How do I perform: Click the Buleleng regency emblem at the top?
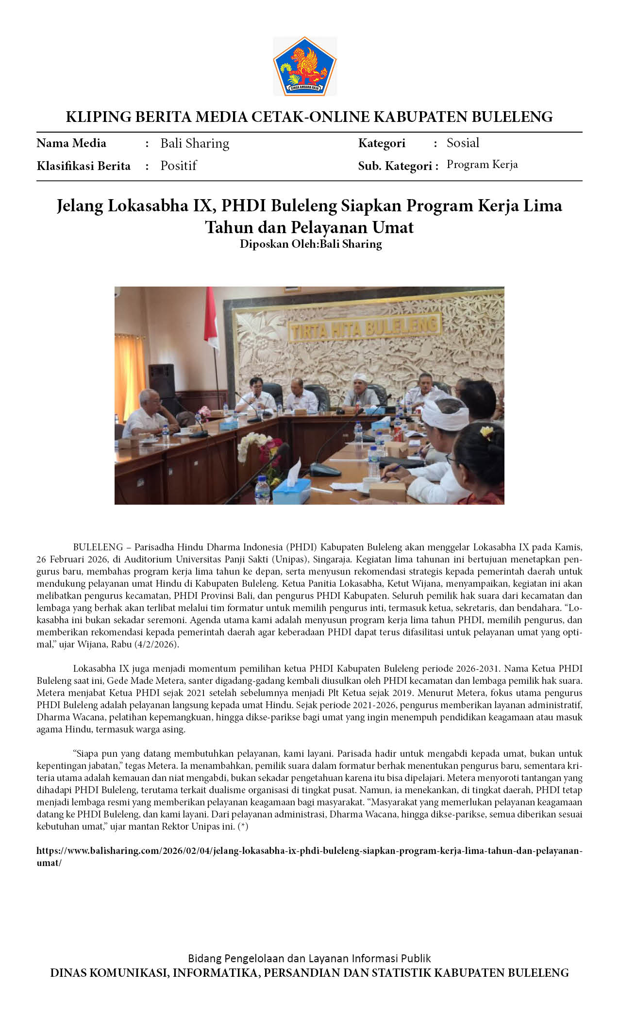(304, 66)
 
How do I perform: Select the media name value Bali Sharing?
(195, 143)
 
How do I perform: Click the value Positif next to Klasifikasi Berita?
(178, 166)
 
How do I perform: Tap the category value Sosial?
(463, 143)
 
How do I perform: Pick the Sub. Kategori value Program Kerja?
(482, 165)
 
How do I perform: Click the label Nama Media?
(71, 143)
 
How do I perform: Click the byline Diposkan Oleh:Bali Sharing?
(311, 244)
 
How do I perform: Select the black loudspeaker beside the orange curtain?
(162, 382)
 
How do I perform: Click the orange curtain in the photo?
(130, 369)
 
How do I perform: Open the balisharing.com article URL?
(309, 851)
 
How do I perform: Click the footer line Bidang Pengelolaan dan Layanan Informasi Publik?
(309, 958)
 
